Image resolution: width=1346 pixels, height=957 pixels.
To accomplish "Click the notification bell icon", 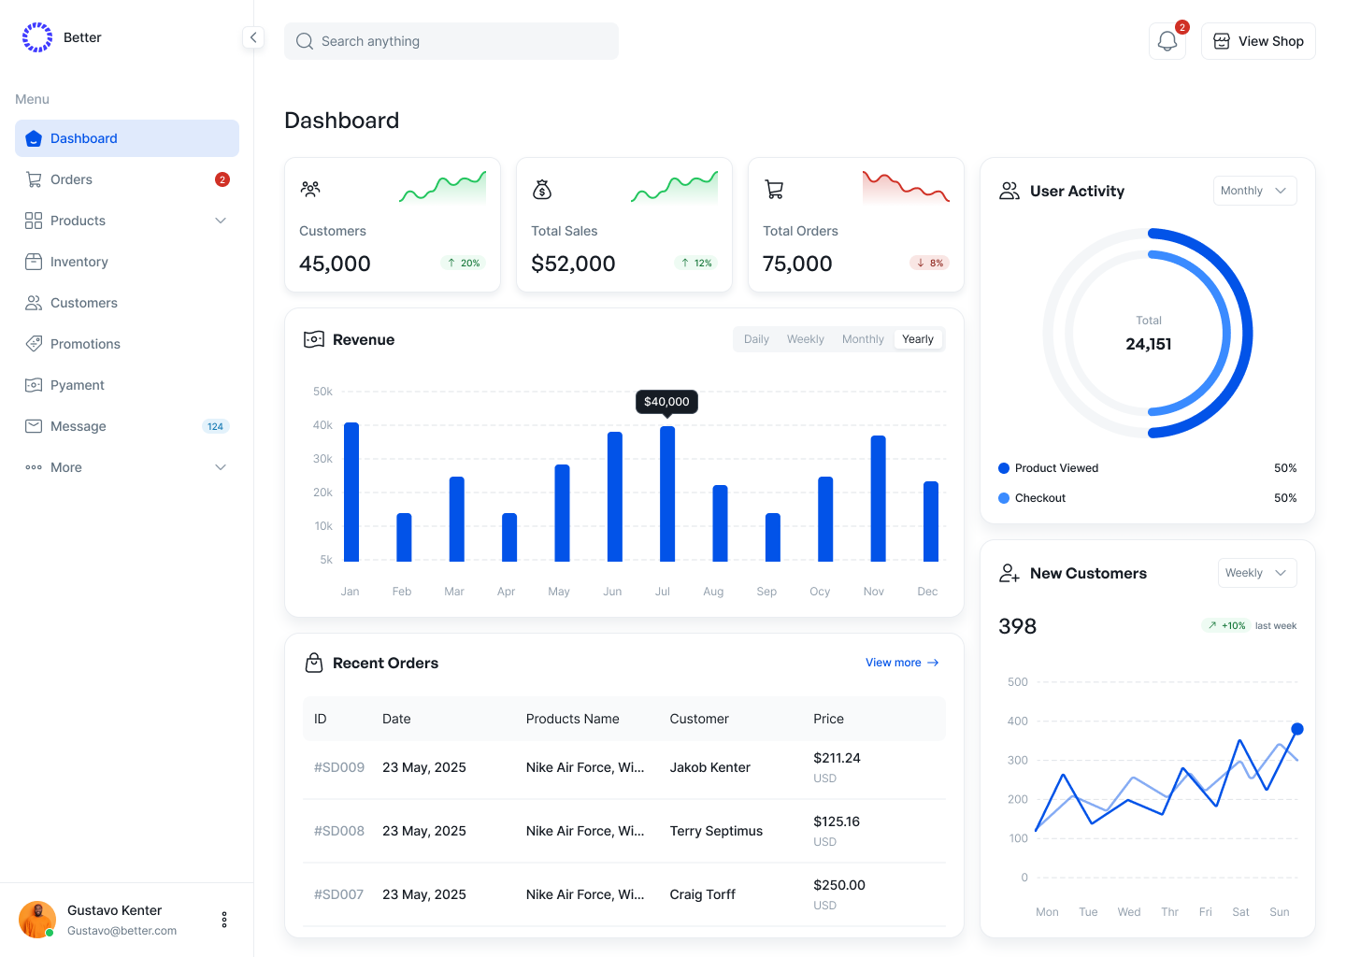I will [x=1167, y=41].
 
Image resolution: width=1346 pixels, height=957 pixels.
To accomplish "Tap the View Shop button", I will [x=1258, y=41].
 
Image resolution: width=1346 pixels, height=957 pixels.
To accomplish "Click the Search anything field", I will [x=451, y=41].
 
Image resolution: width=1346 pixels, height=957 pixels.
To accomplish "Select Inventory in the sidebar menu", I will [x=79, y=262].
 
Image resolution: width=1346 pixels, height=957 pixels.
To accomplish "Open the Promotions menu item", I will [x=85, y=344].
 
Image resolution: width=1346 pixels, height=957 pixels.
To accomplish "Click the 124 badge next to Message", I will [x=215, y=426].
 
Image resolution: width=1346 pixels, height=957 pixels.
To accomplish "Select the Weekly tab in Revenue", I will [x=805, y=339].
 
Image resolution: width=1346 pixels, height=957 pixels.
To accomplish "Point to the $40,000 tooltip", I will [x=666, y=402].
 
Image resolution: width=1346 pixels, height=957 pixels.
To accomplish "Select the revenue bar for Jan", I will [x=351, y=492].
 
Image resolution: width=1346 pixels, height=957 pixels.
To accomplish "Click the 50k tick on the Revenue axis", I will [x=322, y=392].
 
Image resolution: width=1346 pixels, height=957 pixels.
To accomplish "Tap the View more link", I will [x=901, y=663].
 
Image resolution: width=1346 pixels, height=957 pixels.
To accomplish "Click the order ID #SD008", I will [x=339, y=831].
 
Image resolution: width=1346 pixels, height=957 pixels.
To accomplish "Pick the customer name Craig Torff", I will [x=702, y=894].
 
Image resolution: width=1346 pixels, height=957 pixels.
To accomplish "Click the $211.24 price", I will [x=837, y=758].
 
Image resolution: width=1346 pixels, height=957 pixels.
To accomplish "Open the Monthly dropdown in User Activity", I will [x=1254, y=191].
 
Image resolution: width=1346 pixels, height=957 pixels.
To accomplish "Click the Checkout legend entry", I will [x=1039, y=498].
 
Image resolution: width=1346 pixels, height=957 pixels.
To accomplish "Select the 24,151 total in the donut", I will [x=1149, y=344].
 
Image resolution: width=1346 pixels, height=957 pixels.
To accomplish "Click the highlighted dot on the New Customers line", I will [x=1297, y=729].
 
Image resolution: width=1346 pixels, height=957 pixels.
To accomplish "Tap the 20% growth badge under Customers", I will [x=464, y=264].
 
